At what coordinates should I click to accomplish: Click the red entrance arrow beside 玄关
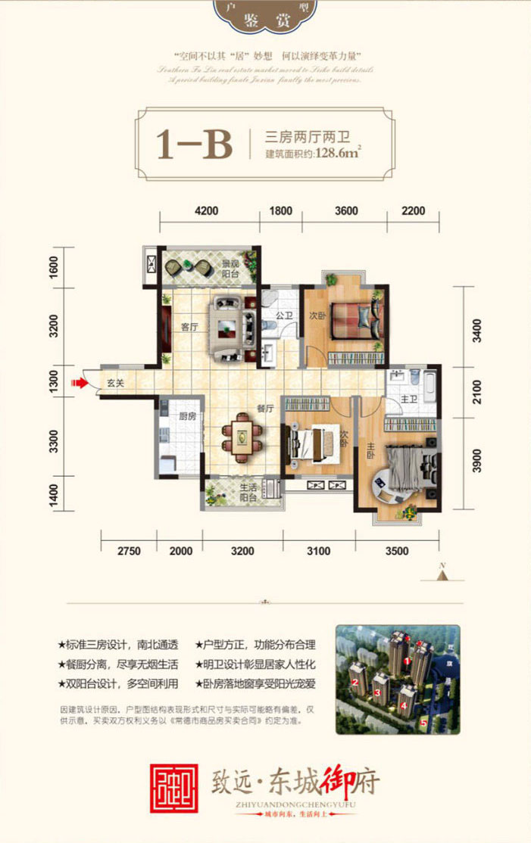(x=78, y=384)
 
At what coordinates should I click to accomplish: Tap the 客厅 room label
(x=189, y=328)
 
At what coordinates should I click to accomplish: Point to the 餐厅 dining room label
(x=264, y=409)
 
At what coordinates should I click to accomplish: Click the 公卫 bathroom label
(x=284, y=315)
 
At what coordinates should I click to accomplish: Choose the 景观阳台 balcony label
(x=230, y=269)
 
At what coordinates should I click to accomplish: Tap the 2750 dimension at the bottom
(x=129, y=551)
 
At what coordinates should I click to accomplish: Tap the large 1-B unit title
(x=194, y=143)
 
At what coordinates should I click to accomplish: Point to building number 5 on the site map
(x=423, y=722)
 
